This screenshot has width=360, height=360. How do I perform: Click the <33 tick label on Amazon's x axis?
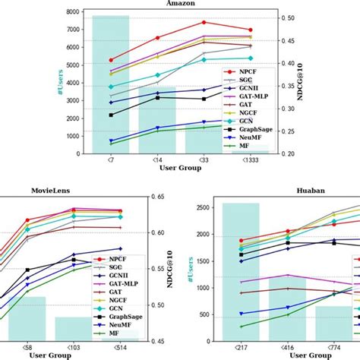[x=204, y=161]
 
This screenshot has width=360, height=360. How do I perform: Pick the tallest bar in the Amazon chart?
[x=110, y=84]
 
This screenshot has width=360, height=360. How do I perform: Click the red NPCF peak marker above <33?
[x=204, y=22]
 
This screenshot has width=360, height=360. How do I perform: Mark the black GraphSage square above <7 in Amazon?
[x=111, y=115]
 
